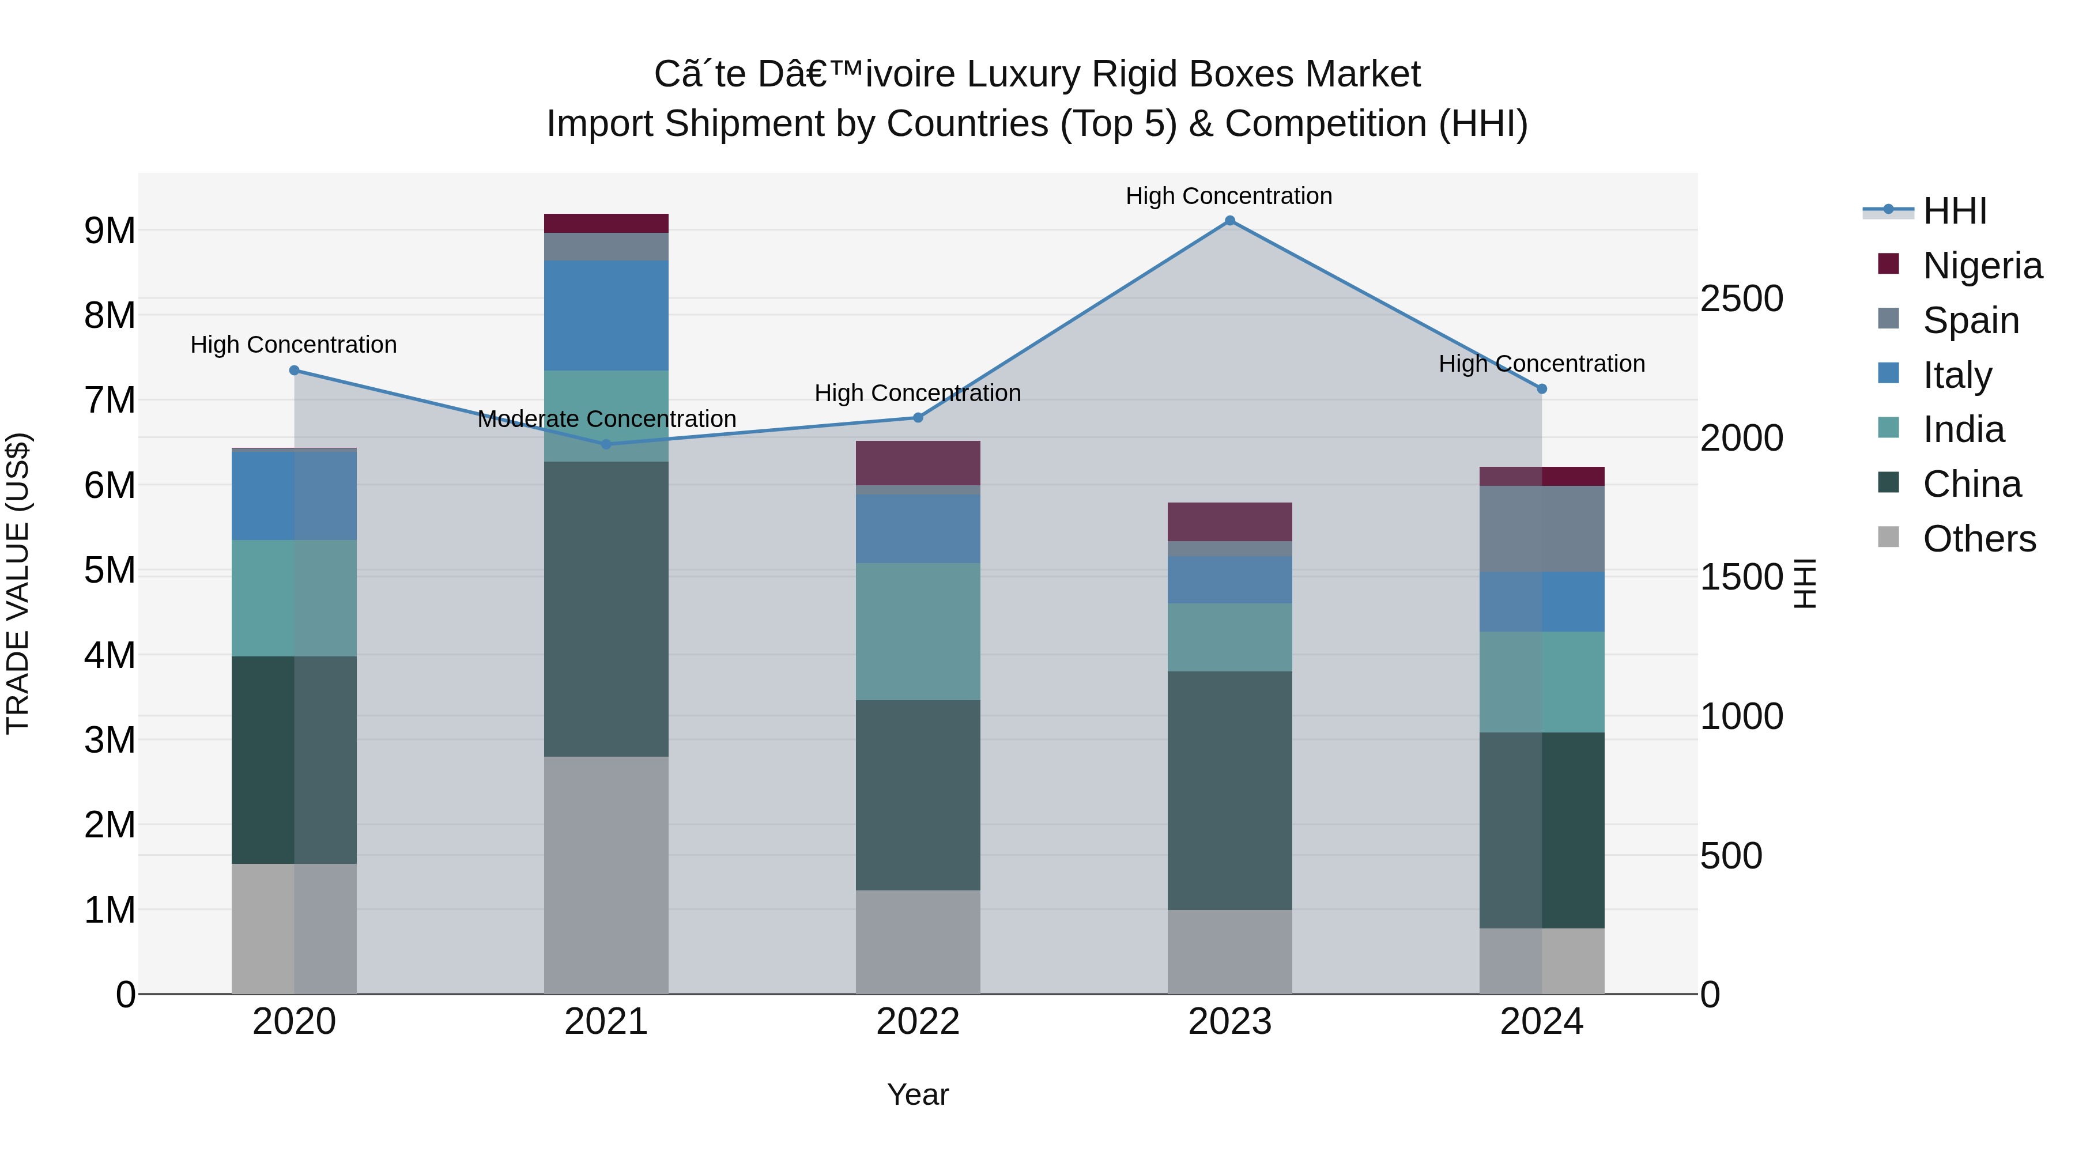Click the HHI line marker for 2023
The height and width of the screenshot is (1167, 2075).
(x=1229, y=221)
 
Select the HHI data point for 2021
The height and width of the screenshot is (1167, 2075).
(x=606, y=444)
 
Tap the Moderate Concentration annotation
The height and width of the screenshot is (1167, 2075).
(x=606, y=419)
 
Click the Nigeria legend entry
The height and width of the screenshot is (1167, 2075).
(x=1982, y=265)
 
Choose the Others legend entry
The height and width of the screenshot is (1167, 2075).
(x=1979, y=539)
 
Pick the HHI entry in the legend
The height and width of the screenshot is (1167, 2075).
(x=1955, y=211)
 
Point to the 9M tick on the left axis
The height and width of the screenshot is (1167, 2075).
(x=110, y=231)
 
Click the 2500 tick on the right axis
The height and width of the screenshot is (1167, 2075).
(x=1741, y=299)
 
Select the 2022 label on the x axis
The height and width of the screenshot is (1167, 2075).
(x=918, y=1022)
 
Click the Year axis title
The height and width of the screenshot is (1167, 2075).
(x=918, y=1094)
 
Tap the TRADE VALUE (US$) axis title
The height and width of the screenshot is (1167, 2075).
(x=18, y=583)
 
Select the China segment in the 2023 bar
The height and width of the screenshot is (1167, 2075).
(x=1229, y=790)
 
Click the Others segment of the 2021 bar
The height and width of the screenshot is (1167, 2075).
(x=606, y=875)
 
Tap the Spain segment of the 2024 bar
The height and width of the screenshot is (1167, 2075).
(x=1542, y=528)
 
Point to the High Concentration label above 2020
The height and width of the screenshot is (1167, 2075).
(x=293, y=345)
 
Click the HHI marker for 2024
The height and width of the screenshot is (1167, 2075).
(x=1542, y=388)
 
